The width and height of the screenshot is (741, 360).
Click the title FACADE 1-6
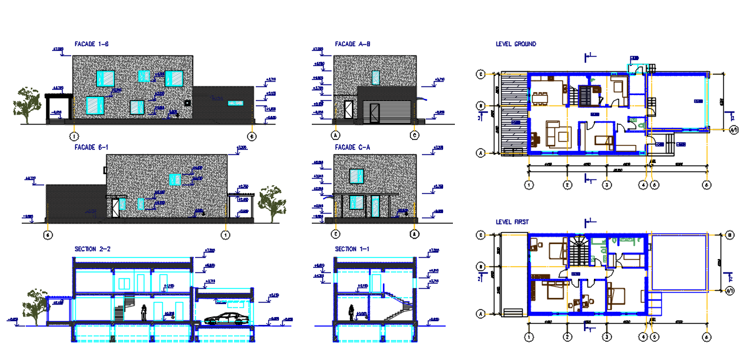click(91, 44)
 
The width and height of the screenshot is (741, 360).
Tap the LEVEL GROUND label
click(516, 44)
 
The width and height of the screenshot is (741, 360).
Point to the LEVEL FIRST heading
click(513, 222)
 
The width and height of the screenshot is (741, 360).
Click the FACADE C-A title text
click(353, 147)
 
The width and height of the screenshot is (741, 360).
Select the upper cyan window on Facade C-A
click(356, 176)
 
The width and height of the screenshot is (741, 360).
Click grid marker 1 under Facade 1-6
click(74, 136)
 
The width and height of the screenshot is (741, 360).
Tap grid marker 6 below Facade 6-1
click(47, 234)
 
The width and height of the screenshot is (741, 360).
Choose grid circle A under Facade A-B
click(336, 136)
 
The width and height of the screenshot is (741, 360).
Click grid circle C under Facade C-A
click(336, 233)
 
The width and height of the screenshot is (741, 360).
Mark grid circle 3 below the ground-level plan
click(606, 185)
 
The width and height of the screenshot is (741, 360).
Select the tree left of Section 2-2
click(36, 307)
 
